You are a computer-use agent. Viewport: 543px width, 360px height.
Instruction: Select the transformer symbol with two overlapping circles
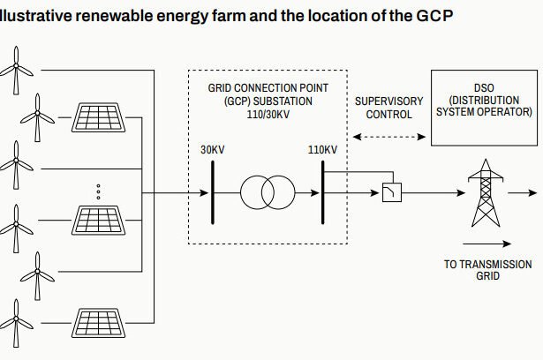(268, 191)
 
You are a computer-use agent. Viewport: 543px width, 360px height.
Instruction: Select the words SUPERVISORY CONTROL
(388, 108)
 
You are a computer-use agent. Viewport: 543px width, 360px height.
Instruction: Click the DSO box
(484, 107)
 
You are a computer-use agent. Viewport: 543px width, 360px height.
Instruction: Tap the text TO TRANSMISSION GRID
(487, 270)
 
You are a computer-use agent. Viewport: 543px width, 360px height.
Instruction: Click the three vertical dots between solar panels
(98, 191)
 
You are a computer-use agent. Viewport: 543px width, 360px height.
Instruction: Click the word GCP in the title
(436, 17)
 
